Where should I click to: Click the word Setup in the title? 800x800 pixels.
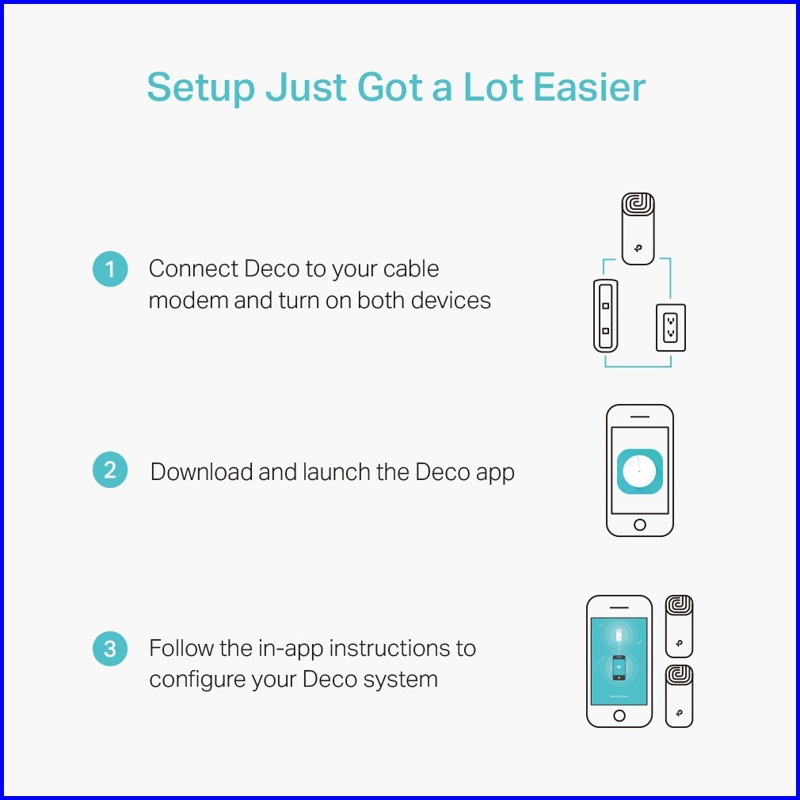coord(200,88)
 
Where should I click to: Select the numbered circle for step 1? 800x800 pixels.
coord(110,269)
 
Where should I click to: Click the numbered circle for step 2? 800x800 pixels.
coord(110,470)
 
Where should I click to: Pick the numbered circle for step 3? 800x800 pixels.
coord(110,649)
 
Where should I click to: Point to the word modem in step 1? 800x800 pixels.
coord(189,300)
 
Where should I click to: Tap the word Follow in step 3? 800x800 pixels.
coord(181,648)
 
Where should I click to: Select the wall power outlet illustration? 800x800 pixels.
coord(670,328)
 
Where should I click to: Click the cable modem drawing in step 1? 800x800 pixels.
coord(606,316)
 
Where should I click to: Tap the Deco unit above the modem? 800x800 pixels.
coord(638,229)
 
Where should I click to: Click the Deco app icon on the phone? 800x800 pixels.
coord(640,471)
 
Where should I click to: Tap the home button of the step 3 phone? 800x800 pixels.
coord(619,715)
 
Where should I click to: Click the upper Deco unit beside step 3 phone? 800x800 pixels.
coord(679,626)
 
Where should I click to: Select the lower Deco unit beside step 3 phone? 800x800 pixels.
coord(679,696)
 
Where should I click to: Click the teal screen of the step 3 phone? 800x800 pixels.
coord(619,661)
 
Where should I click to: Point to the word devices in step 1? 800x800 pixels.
coord(451,300)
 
